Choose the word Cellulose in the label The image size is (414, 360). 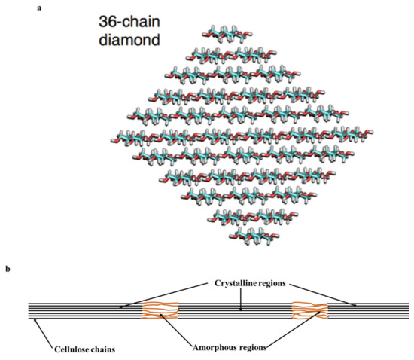click(x=70, y=349)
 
